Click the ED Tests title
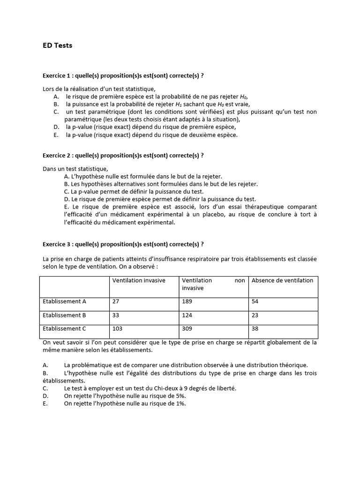click(x=57, y=45)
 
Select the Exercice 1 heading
click(x=123, y=76)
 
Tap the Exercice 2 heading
click(x=123, y=156)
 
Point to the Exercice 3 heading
click(x=123, y=244)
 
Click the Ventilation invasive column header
click(x=139, y=280)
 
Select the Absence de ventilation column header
click(x=282, y=280)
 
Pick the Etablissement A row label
click(x=64, y=301)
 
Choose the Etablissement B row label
click(x=64, y=315)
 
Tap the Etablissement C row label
click(x=64, y=329)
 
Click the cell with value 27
click(x=116, y=301)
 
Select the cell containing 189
click(x=187, y=301)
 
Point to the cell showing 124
click(x=187, y=315)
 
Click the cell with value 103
click(x=117, y=329)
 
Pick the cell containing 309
click(x=187, y=329)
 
